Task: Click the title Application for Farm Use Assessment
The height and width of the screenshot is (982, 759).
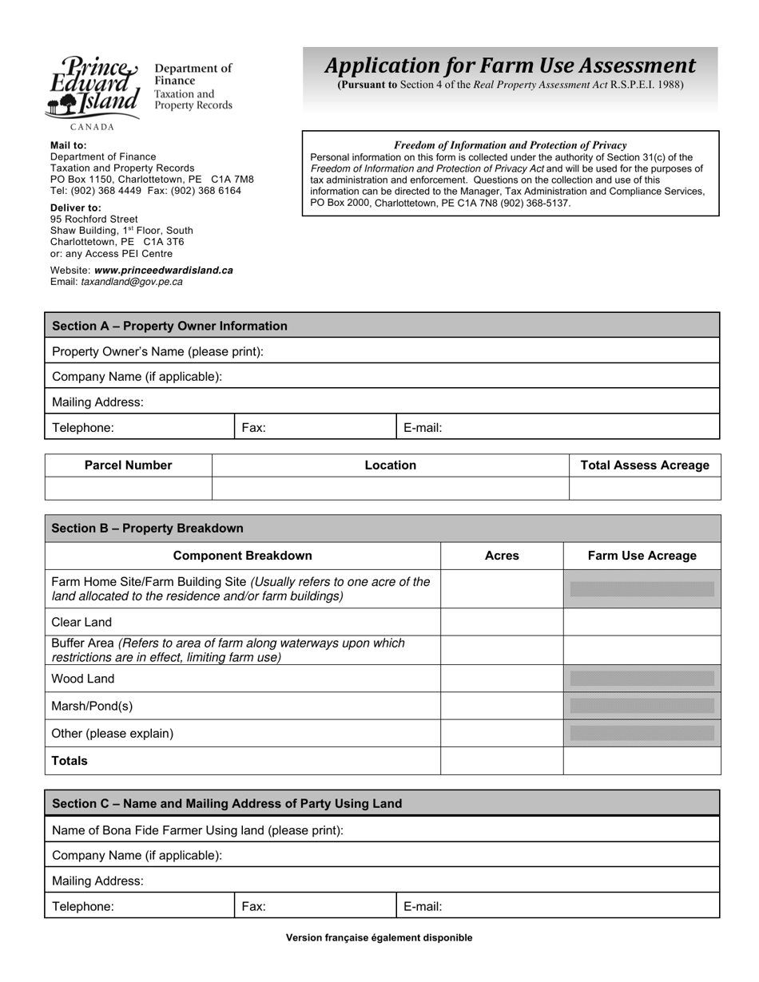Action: (510, 65)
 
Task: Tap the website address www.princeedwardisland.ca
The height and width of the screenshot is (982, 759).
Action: (163, 270)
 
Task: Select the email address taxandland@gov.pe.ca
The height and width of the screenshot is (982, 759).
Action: (131, 282)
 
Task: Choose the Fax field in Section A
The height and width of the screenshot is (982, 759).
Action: (315, 427)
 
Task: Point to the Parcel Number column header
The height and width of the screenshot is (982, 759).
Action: (128, 465)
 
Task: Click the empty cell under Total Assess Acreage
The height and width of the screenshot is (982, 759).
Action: (644, 488)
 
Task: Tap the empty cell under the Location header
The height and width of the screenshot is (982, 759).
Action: (390, 488)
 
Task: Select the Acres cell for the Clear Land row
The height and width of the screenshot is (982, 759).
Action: (502, 622)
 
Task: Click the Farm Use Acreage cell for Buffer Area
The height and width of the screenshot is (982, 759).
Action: (642, 650)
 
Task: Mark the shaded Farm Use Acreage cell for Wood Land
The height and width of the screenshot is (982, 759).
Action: (642, 679)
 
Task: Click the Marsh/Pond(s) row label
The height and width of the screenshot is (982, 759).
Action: (92, 706)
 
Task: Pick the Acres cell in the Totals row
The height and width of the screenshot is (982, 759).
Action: (502, 761)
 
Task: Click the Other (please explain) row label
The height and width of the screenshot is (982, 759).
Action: (112, 733)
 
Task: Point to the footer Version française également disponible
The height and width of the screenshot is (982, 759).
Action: (379, 938)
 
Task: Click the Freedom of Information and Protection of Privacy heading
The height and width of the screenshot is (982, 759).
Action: (510, 145)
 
